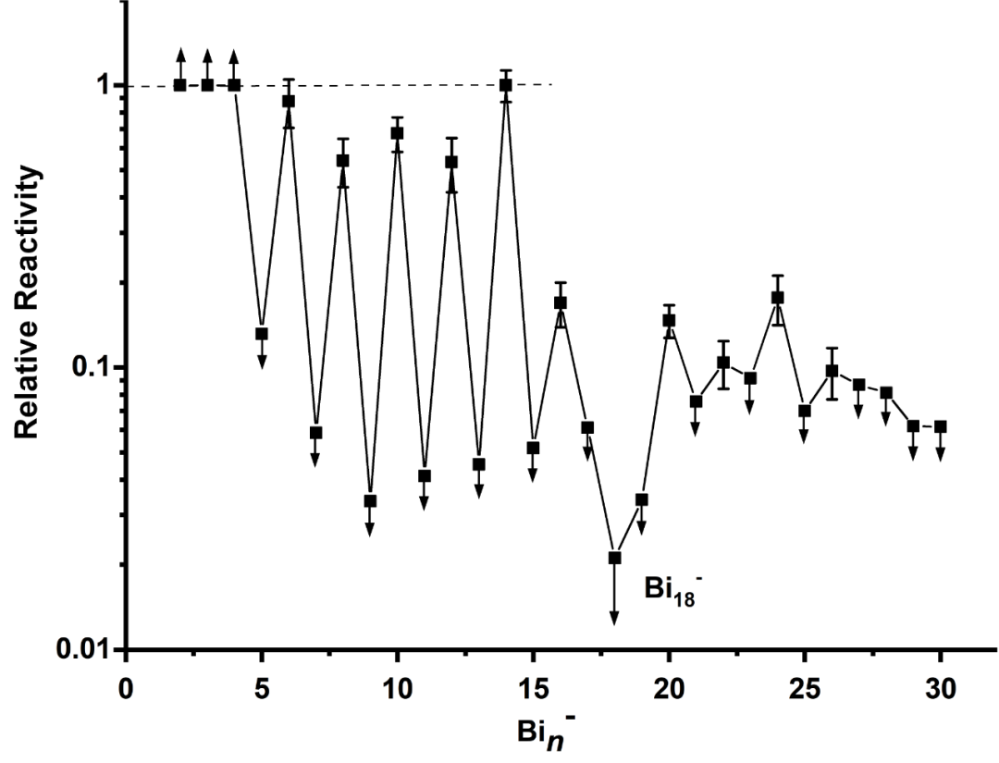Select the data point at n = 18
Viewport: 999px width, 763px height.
point(614,558)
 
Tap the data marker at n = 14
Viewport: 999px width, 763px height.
point(505,85)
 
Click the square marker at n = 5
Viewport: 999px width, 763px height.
point(262,334)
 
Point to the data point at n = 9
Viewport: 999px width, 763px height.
point(370,501)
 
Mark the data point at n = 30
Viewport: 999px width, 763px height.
point(940,426)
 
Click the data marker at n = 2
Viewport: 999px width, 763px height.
point(180,85)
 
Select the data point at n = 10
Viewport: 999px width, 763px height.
point(397,133)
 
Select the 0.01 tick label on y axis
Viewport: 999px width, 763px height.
point(88,649)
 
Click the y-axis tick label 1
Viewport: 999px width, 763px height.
point(105,85)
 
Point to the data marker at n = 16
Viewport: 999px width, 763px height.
point(560,302)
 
